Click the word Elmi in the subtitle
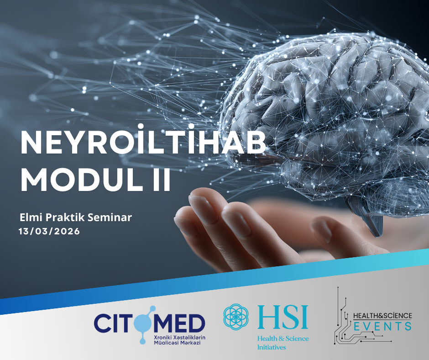point(31,217)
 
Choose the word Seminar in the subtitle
point(111,217)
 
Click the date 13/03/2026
point(49,231)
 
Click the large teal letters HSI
point(283,317)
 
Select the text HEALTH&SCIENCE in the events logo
point(383,316)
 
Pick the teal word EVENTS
point(383,326)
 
